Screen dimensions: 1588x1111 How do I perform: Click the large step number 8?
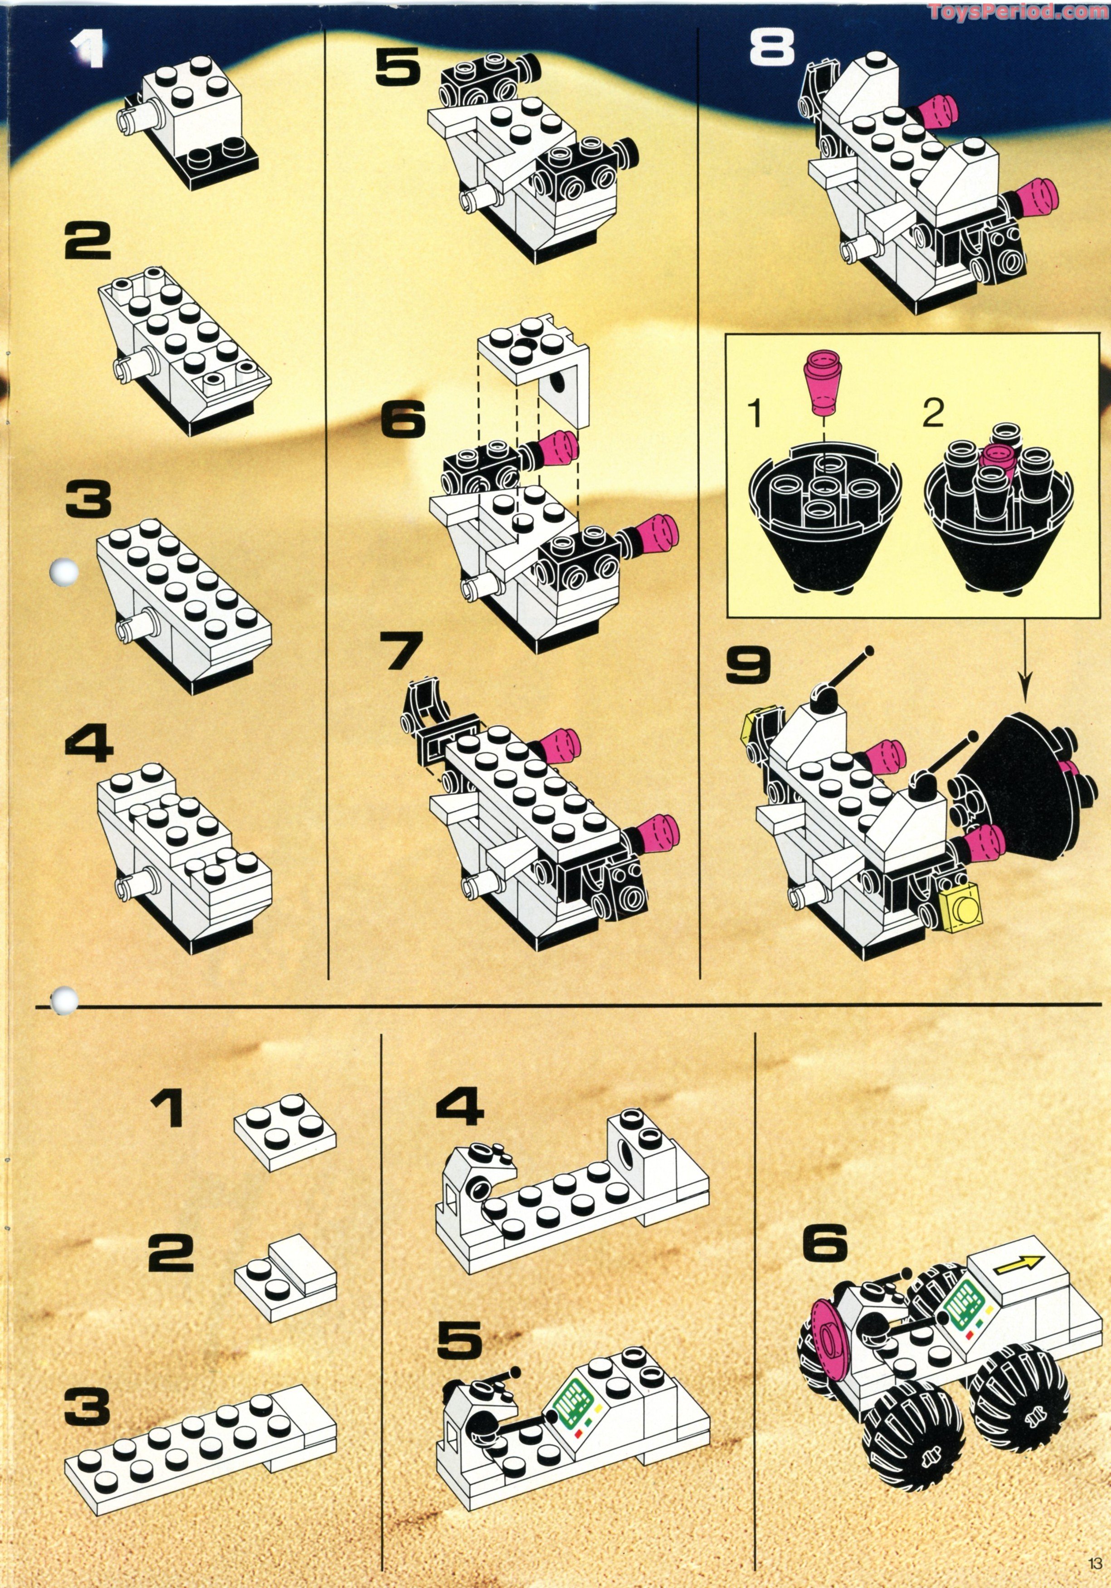[772, 49]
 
